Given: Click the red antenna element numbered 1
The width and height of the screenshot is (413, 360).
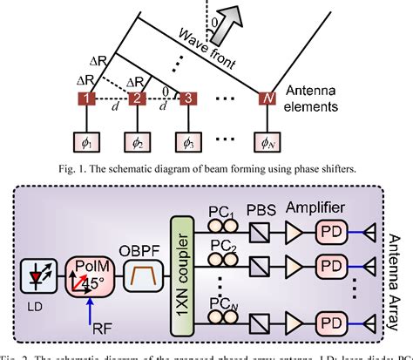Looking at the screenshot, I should point(87,98).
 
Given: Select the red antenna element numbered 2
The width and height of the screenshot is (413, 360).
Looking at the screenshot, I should point(136,98).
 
